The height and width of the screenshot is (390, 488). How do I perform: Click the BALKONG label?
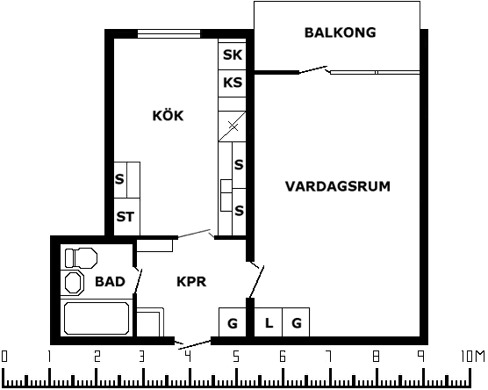pos(340,32)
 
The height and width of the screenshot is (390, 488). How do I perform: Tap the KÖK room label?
pos(168,116)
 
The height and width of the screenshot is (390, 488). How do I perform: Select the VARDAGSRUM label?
pos(338,186)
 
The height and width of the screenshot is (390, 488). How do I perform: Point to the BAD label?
pos(110,282)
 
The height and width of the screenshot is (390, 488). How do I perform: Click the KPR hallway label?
pos(191,282)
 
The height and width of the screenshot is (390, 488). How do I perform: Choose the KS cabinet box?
pos(233,83)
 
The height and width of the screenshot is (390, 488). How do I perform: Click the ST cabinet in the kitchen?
pos(126,217)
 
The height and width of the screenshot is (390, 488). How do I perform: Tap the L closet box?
pos(269,322)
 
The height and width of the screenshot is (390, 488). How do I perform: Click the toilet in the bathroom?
pos(81,258)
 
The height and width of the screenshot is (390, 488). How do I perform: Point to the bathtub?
pos(97,318)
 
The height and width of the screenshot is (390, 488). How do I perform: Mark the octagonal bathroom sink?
pos(74,283)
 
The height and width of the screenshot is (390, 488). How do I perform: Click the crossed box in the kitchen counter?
pos(233,126)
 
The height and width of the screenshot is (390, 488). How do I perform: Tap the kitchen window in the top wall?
pos(169,33)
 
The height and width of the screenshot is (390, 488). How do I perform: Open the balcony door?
pos(313,70)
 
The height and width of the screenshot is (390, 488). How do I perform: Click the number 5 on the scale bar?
pos(236,356)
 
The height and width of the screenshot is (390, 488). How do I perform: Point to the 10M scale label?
pos(472,356)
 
